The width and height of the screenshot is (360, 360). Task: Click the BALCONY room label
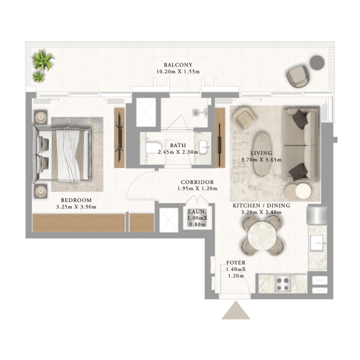[178, 65]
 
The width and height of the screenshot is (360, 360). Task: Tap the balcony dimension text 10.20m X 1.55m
[178, 72]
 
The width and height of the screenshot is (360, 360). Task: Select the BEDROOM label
[76, 200]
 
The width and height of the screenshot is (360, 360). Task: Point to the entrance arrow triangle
[236, 310]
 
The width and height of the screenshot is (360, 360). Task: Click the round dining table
[262, 236]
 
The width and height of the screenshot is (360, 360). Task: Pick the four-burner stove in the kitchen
[283, 284]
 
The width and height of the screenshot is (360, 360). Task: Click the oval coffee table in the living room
[261, 154]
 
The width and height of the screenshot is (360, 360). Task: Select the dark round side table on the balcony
[317, 63]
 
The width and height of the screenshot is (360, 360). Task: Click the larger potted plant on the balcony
[43, 60]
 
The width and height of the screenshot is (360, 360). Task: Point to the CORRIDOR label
[198, 182]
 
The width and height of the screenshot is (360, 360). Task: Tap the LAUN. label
[197, 211]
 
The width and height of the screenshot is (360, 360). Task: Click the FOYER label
[236, 263]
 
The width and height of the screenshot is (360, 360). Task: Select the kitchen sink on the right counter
[317, 243]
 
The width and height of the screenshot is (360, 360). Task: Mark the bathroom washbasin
[204, 148]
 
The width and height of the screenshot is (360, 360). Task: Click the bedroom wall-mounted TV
[120, 138]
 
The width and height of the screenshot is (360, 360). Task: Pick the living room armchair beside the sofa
[244, 117]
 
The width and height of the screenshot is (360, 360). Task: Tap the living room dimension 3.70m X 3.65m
[261, 160]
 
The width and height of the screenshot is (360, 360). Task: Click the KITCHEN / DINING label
[261, 206]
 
